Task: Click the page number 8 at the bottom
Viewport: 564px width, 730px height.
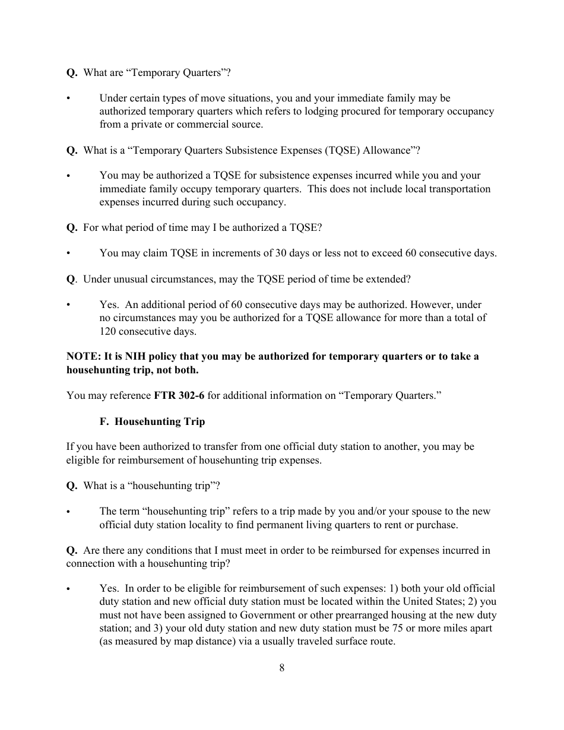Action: [x=281, y=668]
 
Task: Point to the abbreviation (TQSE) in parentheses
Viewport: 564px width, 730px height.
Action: [x=342, y=150]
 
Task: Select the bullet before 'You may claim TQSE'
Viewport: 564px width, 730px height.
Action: [x=69, y=253]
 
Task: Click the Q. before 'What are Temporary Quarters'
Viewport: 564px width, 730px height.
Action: [x=72, y=72]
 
